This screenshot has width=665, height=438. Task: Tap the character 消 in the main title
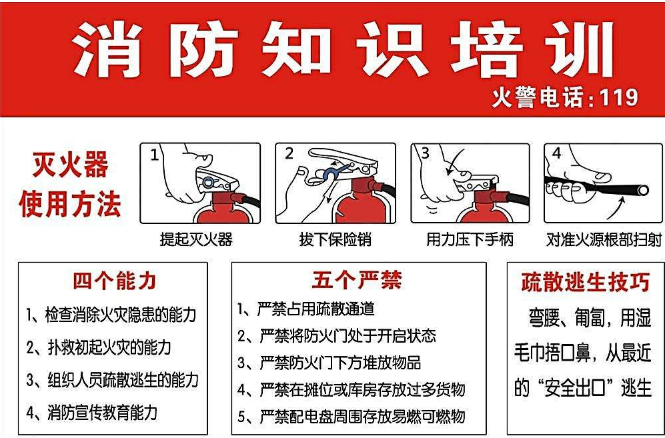[110, 49]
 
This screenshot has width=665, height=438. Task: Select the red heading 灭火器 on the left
[70, 165]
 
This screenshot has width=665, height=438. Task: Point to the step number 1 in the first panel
[155, 155]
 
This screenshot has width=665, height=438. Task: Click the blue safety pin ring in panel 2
[331, 175]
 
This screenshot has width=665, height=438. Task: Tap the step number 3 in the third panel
[425, 153]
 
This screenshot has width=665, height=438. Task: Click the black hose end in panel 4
[642, 191]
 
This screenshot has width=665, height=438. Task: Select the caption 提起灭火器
[196, 239]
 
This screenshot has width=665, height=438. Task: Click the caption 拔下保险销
[336, 239]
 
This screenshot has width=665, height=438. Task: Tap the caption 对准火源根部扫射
[604, 239]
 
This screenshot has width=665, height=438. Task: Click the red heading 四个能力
[115, 281]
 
